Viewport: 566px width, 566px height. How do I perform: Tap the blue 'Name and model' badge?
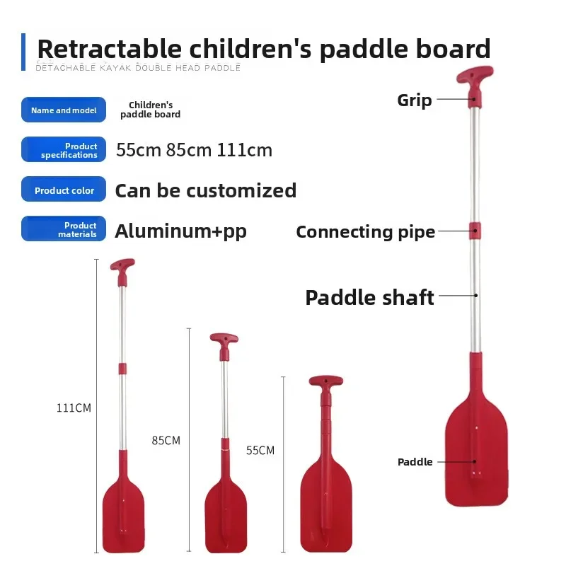pyautogui.click(x=64, y=110)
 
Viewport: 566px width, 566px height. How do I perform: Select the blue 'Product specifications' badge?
pyautogui.click(x=64, y=150)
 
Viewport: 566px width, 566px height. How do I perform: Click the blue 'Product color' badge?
pyautogui.click(x=64, y=190)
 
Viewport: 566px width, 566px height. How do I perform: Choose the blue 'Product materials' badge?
pyautogui.click(x=64, y=229)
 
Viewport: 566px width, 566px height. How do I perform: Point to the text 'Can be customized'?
pyautogui.click(x=205, y=190)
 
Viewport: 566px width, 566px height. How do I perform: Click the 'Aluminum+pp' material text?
pyautogui.click(x=180, y=231)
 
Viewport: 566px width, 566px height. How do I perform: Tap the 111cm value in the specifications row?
pyautogui.click(x=245, y=150)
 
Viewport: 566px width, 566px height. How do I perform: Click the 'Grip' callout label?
pyautogui.click(x=414, y=100)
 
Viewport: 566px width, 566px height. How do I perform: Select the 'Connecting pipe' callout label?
pyautogui.click(x=365, y=231)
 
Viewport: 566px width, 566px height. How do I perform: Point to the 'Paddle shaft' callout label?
pyautogui.click(x=369, y=297)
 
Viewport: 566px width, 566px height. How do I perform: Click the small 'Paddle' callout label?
pyautogui.click(x=415, y=462)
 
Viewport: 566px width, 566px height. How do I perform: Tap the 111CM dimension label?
pyautogui.click(x=74, y=408)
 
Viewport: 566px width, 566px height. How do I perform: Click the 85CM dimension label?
pyautogui.click(x=166, y=440)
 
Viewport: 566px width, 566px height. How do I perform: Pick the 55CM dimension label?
pyautogui.click(x=260, y=450)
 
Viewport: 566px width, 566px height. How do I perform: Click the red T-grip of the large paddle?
pyautogui.click(x=474, y=76)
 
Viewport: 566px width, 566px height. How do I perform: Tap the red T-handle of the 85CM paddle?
pyautogui.click(x=224, y=340)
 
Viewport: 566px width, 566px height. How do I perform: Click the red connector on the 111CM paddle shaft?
pyautogui.click(x=122, y=369)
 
